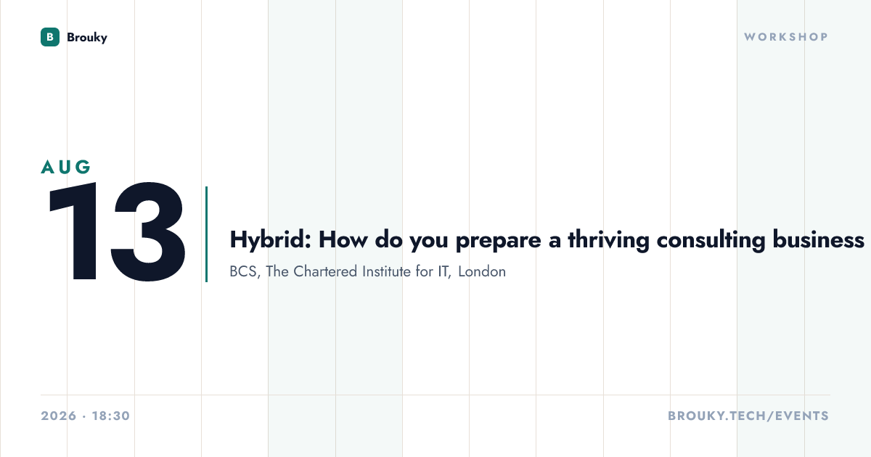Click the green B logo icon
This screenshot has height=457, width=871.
tap(50, 37)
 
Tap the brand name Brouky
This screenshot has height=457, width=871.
tap(87, 38)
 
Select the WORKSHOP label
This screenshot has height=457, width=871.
tap(786, 37)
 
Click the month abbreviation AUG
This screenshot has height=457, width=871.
tap(66, 167)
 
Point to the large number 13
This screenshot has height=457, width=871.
tap(117, 231)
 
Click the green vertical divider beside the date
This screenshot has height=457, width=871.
tap(206, 234)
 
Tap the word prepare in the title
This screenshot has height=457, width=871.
tap(498, 241)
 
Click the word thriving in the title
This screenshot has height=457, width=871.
tap(608, 240)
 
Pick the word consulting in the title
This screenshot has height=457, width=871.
tap(711, 240)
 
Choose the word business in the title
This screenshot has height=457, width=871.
tap(819, 239)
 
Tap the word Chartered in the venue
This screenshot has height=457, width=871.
tap(325, 271)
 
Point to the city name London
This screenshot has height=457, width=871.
tap(482, 271)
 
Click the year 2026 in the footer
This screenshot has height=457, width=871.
tap(59, 416)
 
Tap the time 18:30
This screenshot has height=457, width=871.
tap(111, 416)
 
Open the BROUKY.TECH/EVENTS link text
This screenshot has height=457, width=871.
tap(748, 416)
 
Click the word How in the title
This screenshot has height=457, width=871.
tap(343, 240)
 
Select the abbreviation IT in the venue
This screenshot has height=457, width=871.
tap(444, 271)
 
